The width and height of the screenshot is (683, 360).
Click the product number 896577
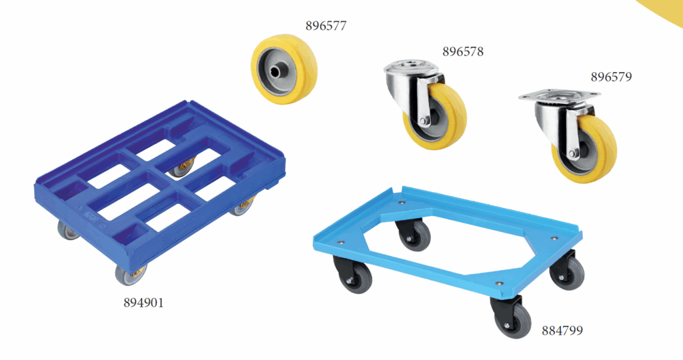pos(325,26)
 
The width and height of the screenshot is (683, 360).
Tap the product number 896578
pos(463,52)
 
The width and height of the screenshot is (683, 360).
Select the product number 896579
pos(611,77)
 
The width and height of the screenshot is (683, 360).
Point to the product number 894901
pos(143,303)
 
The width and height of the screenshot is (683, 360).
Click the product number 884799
pos(562,331)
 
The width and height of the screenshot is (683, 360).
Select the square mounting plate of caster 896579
pos(560,96)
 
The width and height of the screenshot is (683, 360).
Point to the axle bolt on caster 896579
pos(573,153)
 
